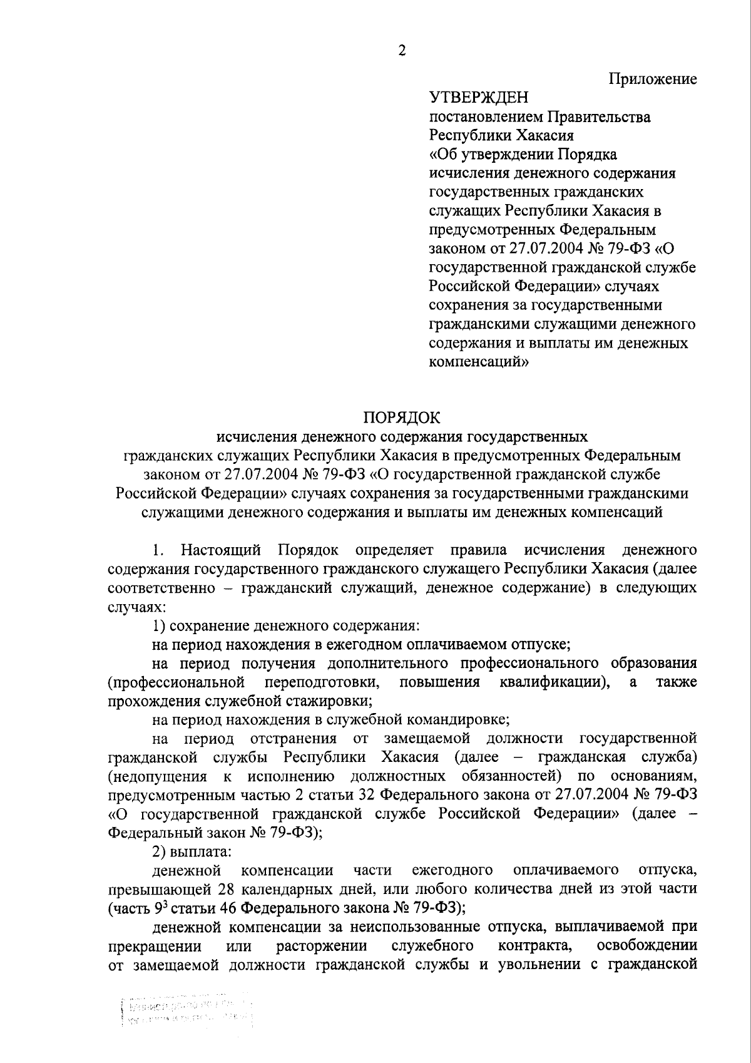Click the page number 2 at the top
click(x=402, y=52)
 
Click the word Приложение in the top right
click(x=653, y=80)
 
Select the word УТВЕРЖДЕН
click(x=478, y=98)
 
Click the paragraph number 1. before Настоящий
click(x=158, y=550)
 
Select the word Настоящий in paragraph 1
click(x=221, y=550)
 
